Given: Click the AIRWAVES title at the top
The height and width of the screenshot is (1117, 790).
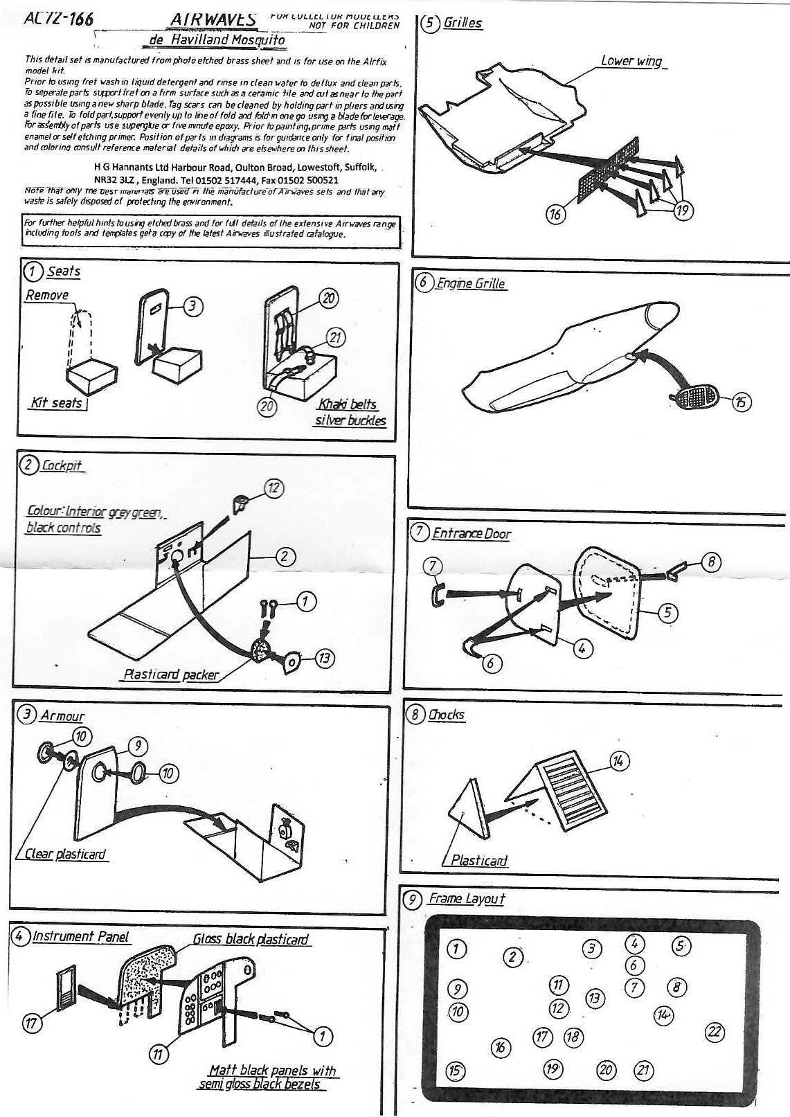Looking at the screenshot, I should pyautogui.click(x=213, y=20).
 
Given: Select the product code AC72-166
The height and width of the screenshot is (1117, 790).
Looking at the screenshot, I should pyautogui.click(x=58, y=19).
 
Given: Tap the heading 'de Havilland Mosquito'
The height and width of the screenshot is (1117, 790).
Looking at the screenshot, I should pyautogui.click(x=217, y=40).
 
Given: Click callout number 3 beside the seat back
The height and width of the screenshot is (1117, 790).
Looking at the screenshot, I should pyautogui.click(x=195, y=305).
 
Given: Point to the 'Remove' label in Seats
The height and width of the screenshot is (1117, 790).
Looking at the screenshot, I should pyautogui.click(x=47, y=295).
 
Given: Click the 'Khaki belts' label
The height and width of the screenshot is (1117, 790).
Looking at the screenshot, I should pyautogui.click(x=348, y=404).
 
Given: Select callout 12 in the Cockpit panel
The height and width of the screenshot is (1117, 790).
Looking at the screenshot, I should pyautogui.click(x=273, y=488).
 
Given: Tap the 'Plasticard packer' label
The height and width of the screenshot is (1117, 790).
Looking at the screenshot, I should pyautogui.click(x=170, y=674).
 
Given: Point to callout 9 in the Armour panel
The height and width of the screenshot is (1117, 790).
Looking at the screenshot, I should pyautogui.click(x=138, y=745).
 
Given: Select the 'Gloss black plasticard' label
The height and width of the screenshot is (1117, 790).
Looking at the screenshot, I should pyautogui.click(x=250, y=939).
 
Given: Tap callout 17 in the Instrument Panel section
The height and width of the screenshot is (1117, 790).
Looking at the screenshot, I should pyautogui.click(x=32, y=1023).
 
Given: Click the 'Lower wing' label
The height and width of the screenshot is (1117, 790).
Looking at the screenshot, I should pyautogui.click(x=631, y=61).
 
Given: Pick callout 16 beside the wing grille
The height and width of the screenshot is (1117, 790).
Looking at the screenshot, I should pyautogui.click(x=555, y=214).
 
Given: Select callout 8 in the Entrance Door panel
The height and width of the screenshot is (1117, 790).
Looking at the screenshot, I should pyautogui.click(x=711, y=562).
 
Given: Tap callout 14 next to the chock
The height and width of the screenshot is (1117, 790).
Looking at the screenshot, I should pyautogui.click(x=618, y=761).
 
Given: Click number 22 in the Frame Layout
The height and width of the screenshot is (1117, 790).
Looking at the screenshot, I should pyautogui.click(x=715, y=1033).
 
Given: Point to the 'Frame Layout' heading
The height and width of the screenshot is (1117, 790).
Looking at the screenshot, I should pyautogui.click(x=466, y=899).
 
